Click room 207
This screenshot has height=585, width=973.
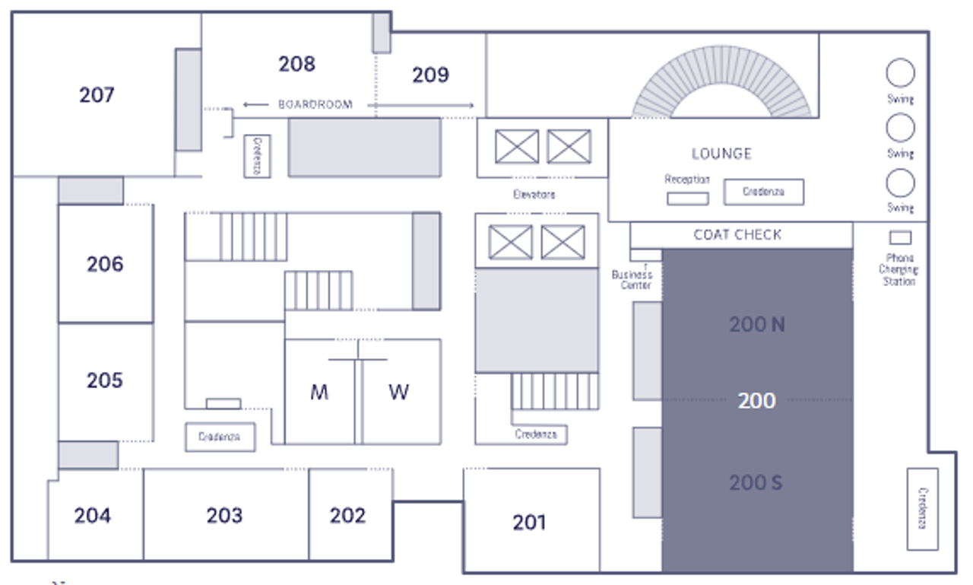coord(97,95)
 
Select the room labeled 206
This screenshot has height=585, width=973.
coord(105,264)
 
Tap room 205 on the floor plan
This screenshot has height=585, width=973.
coord(105,380)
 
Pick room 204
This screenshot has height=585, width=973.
coord(93,516)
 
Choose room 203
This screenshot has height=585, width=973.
coord(224,516)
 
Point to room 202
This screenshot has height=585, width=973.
coord(348,516)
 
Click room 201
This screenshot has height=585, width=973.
coord(529,523)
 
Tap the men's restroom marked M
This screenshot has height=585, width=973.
coord(319,393)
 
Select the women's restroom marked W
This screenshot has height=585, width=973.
coord(399,393)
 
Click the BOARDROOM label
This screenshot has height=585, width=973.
coord(315,105)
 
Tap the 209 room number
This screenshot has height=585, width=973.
coord(430,75)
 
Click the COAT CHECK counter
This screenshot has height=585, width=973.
coord(737,235)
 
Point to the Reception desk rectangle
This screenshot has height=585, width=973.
coord(688,199)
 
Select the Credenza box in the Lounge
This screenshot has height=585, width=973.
coord(763,192)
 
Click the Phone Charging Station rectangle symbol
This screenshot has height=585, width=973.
coord(900,238)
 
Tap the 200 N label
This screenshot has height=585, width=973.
coord(757,325)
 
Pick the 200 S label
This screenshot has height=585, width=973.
coord(756,482)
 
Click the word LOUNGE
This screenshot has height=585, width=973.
coord(721,154)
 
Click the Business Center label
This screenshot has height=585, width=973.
coord(632,280)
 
